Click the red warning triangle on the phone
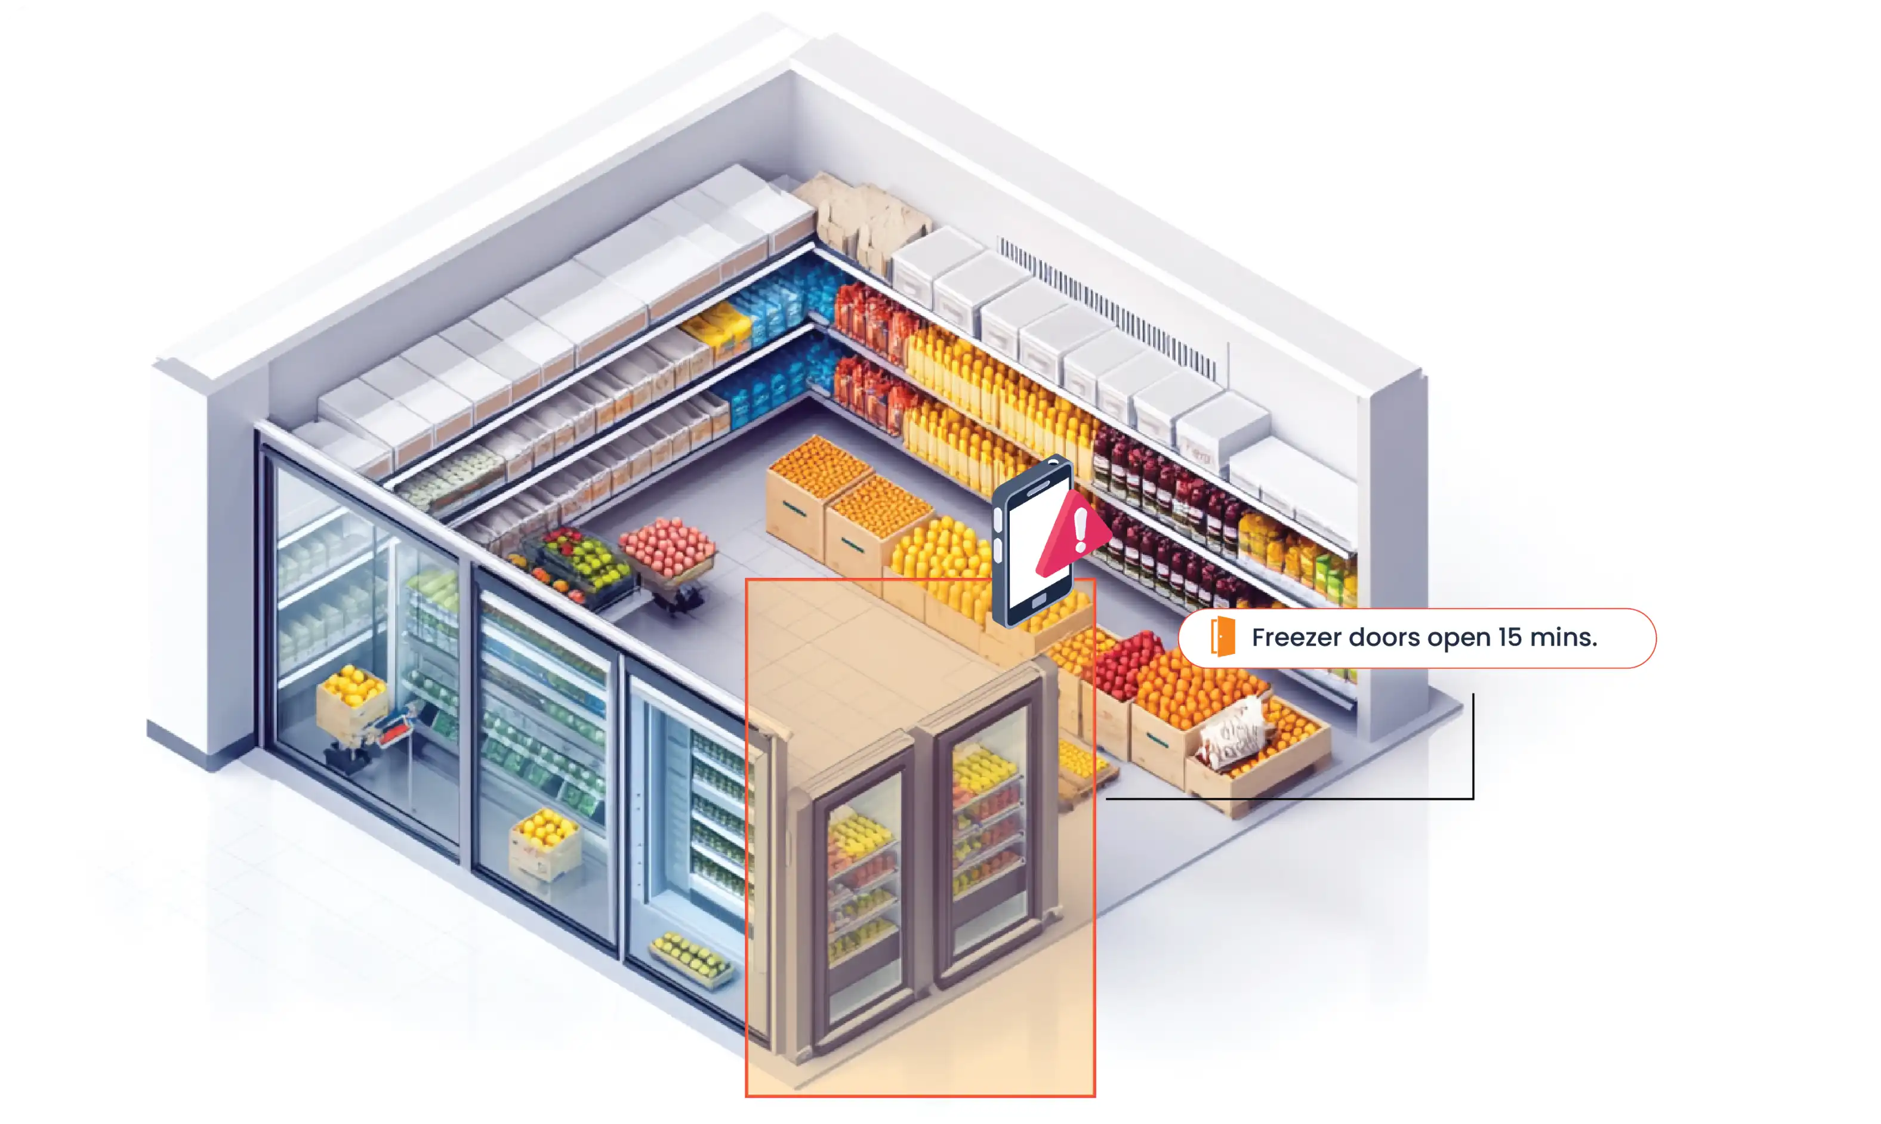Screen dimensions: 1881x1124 1072,533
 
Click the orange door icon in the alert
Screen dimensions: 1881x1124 1223,637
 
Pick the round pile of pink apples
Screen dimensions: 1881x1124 667,545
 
